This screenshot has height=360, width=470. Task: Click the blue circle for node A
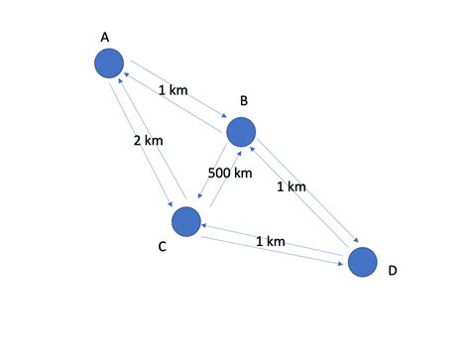(109, 64)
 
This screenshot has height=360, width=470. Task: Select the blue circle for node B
(241, 131)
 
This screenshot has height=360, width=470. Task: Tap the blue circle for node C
(185, 221)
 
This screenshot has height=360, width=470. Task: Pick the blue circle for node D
(363, 261)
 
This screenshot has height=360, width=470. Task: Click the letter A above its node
(105, 37)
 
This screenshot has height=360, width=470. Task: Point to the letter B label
(243, 102)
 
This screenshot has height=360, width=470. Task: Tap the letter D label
(393, 270)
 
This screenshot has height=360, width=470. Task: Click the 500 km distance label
(230, 173)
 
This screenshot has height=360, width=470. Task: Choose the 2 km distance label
(148, 140)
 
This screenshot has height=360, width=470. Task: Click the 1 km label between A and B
(173, 89)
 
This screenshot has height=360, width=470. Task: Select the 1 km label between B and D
(291, 185)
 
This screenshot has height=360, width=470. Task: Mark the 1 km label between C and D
(271, 241)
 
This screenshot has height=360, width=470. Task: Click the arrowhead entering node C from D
(203, 226)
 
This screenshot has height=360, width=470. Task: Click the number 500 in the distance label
(220, 173)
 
